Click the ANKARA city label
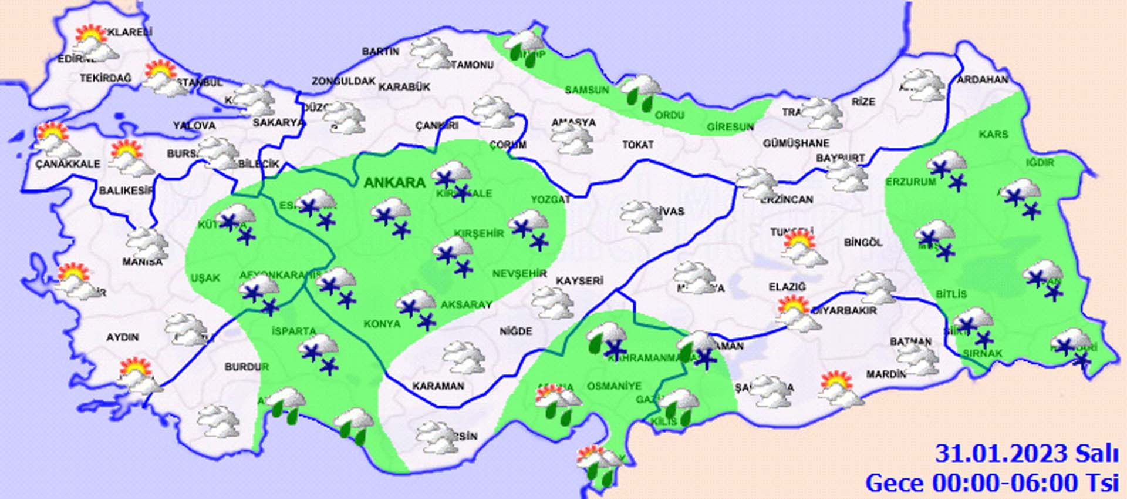coord(394,183)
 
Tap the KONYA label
coord(382,324)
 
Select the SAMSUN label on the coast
coord(586,90)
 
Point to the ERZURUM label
coord(910,182)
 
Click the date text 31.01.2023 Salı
coord(1026,454)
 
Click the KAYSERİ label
coord(579,281)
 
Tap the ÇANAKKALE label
coord(68,164)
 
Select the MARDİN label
coord(885,374)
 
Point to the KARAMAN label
coord(438,386)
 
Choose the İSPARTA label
coord(293,331)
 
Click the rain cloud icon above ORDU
coord(640,92)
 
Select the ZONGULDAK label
coord(343,81)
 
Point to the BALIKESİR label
coord(126,190)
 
